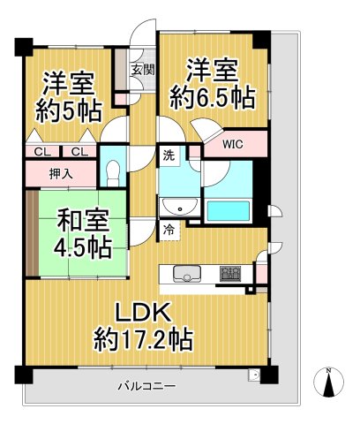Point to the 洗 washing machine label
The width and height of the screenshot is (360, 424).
[168, 156]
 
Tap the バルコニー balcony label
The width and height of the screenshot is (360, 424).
[146, 386]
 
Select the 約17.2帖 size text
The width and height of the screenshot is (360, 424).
[145, 338]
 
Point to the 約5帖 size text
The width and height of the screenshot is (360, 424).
[69, 110]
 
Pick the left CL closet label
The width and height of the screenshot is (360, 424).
[41, 152]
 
